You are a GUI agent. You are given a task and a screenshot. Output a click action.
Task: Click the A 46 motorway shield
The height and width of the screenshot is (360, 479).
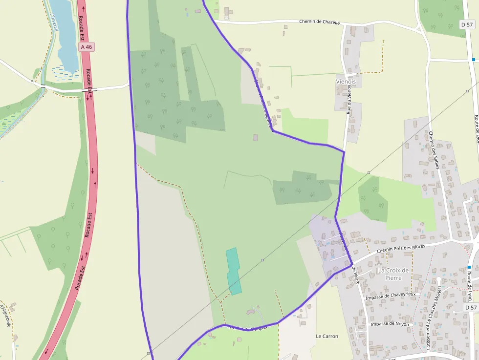click(86, 47)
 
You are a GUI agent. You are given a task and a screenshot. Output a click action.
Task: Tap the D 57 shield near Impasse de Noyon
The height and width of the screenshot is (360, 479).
click(470, 308)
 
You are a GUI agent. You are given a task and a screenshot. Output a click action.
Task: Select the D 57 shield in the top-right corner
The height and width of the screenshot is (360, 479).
click(467, 24)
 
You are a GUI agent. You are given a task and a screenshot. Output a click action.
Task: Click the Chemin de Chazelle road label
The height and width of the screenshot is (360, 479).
click(319, 22)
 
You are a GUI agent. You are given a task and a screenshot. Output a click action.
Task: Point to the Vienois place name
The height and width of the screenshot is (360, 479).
click(346, 82)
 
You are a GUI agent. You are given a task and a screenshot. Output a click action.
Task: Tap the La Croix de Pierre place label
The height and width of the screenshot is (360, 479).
click(393, 274)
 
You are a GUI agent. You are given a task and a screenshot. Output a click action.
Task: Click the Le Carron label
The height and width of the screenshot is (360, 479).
click(327, 336)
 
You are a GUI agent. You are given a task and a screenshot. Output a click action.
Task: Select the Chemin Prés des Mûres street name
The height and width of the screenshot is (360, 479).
click(401, 249)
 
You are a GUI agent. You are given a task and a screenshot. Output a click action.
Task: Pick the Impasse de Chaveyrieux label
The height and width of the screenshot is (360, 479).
click(391, 295)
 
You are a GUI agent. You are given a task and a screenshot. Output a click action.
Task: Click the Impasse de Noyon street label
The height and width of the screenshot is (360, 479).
click(390, 324)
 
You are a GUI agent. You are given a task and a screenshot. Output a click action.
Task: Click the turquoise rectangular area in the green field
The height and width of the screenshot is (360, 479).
click(234, 271)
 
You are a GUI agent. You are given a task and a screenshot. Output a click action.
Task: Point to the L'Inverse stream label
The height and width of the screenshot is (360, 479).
click(54, 22)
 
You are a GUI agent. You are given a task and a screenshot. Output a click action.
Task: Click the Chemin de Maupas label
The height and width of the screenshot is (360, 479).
click(247, 328)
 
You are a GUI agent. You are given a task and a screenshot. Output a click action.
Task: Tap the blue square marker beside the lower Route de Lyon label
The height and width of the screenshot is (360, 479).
click(469, 267)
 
